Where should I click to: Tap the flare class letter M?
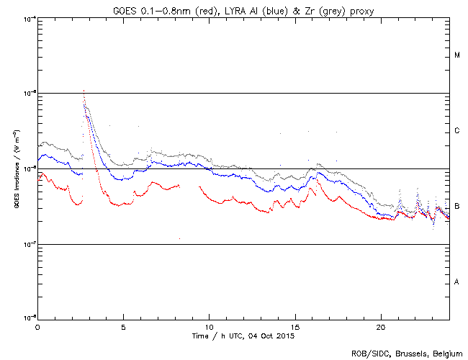coord(457,55)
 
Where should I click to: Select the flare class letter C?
coord(457,131)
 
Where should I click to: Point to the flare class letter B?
coord(457,207)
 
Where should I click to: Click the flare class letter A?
coord(457,282)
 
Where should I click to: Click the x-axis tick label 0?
coord(37,326)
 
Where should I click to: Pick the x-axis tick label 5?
coord(123,326)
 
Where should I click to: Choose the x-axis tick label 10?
coord(209,326)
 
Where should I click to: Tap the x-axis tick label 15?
coord(295,326)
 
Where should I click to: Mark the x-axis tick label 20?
coord(381,326)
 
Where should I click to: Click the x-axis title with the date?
coord(243,336)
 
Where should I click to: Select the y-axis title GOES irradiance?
coord(13,168)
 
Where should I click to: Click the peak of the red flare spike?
coord(84,91)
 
